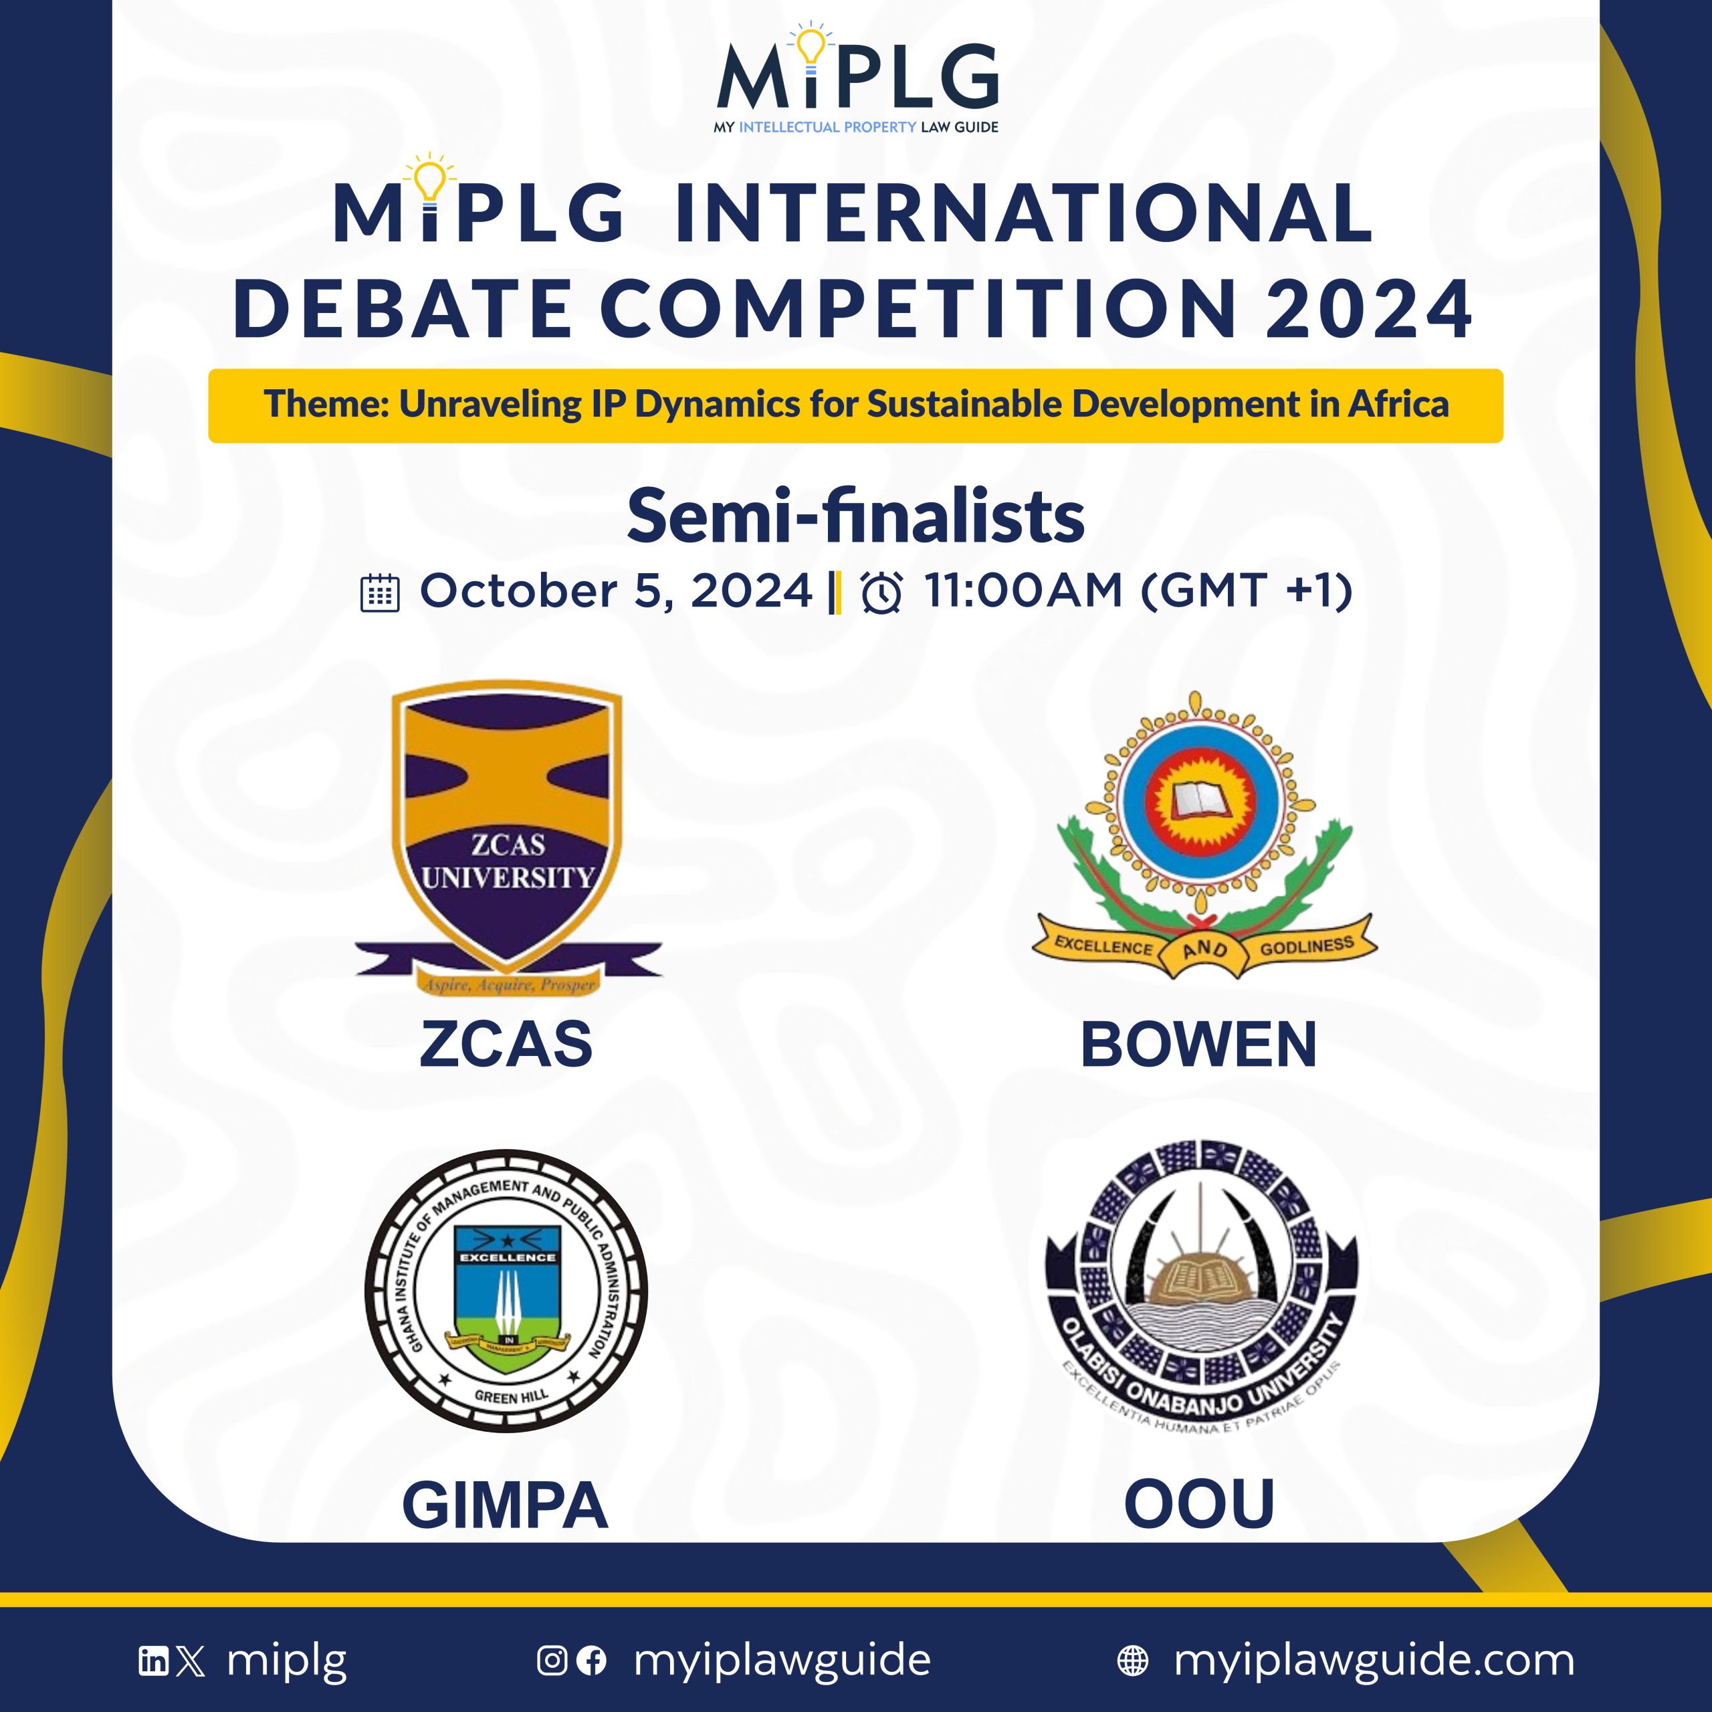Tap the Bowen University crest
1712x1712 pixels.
pyautogui.click(x=1202, y=833)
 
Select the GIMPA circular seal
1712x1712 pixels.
pyautogui.click(x=506, y=1291)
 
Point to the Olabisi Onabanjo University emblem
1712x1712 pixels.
pyautogui.click(x=1200, y=1285)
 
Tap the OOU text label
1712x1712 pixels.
pyautogui.click(x=1199, y=1504)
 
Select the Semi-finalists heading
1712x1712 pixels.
pyautogui.click(x=855, y=517)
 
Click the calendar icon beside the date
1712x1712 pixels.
pyautogui.click(x=380, y=593)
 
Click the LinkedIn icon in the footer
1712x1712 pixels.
pyautogui.click(x=152, y=1660)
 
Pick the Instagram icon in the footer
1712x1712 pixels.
pyautogui.click(x=551, y=1660)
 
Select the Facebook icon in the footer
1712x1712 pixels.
pyautogui.click(x=591, y=1660)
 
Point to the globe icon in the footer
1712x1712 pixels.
pyautogui.click(x=1132, y=1660)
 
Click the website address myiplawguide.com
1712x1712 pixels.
pyautogui.click(x=1374, y=1660)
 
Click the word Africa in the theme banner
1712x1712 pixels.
pyautogui.click(x=1398, y=404)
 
